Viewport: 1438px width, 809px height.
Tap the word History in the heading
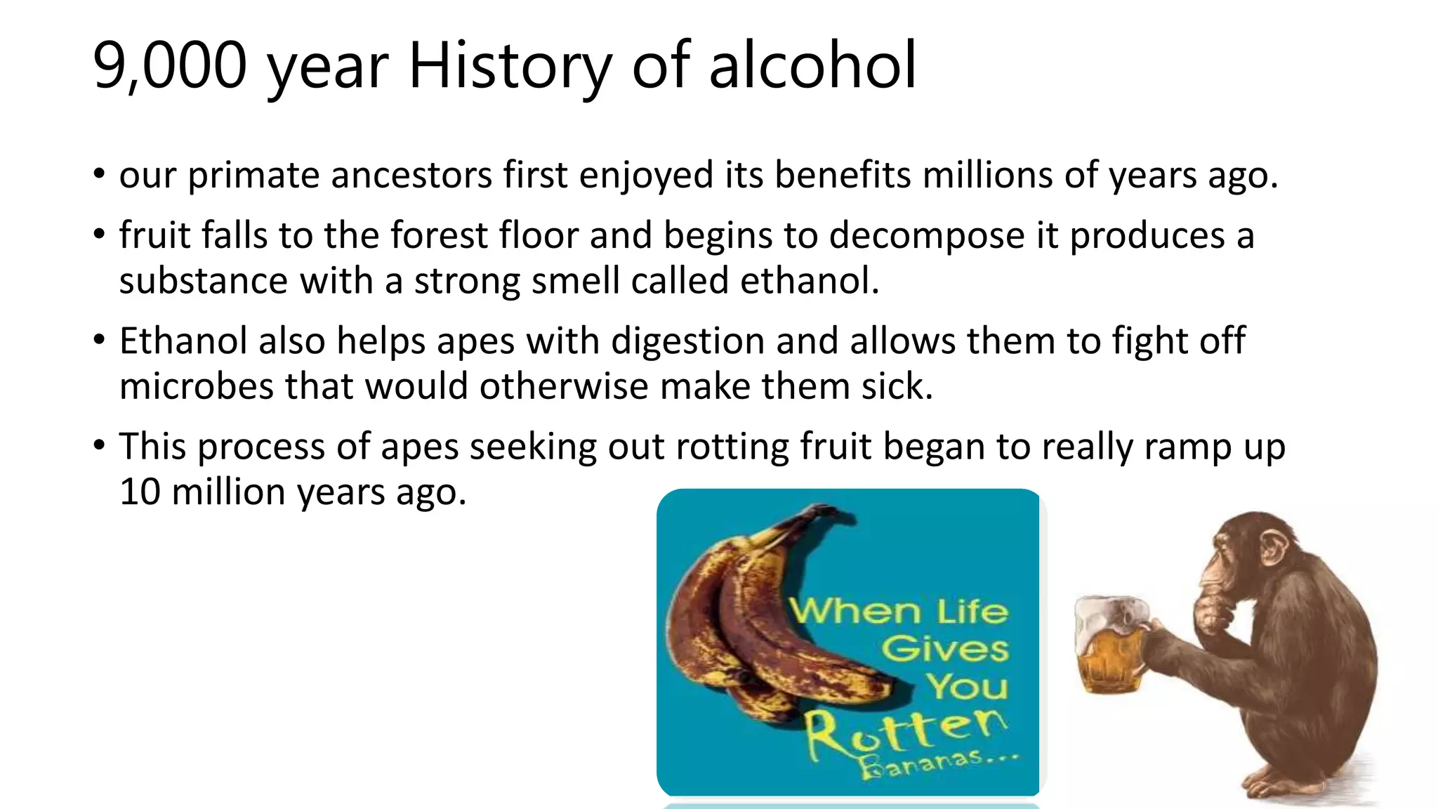[x=510, y=67]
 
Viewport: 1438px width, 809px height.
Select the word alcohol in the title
[x=812, y=66]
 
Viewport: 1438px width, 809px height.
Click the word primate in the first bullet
[x=253, y=176]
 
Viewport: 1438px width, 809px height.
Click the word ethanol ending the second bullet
[x=809, y=281]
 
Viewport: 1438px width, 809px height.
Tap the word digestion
[x=687, y=342]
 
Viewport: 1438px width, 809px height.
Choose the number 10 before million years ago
[x=140, y=492]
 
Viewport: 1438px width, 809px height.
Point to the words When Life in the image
[x=899, y=611]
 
